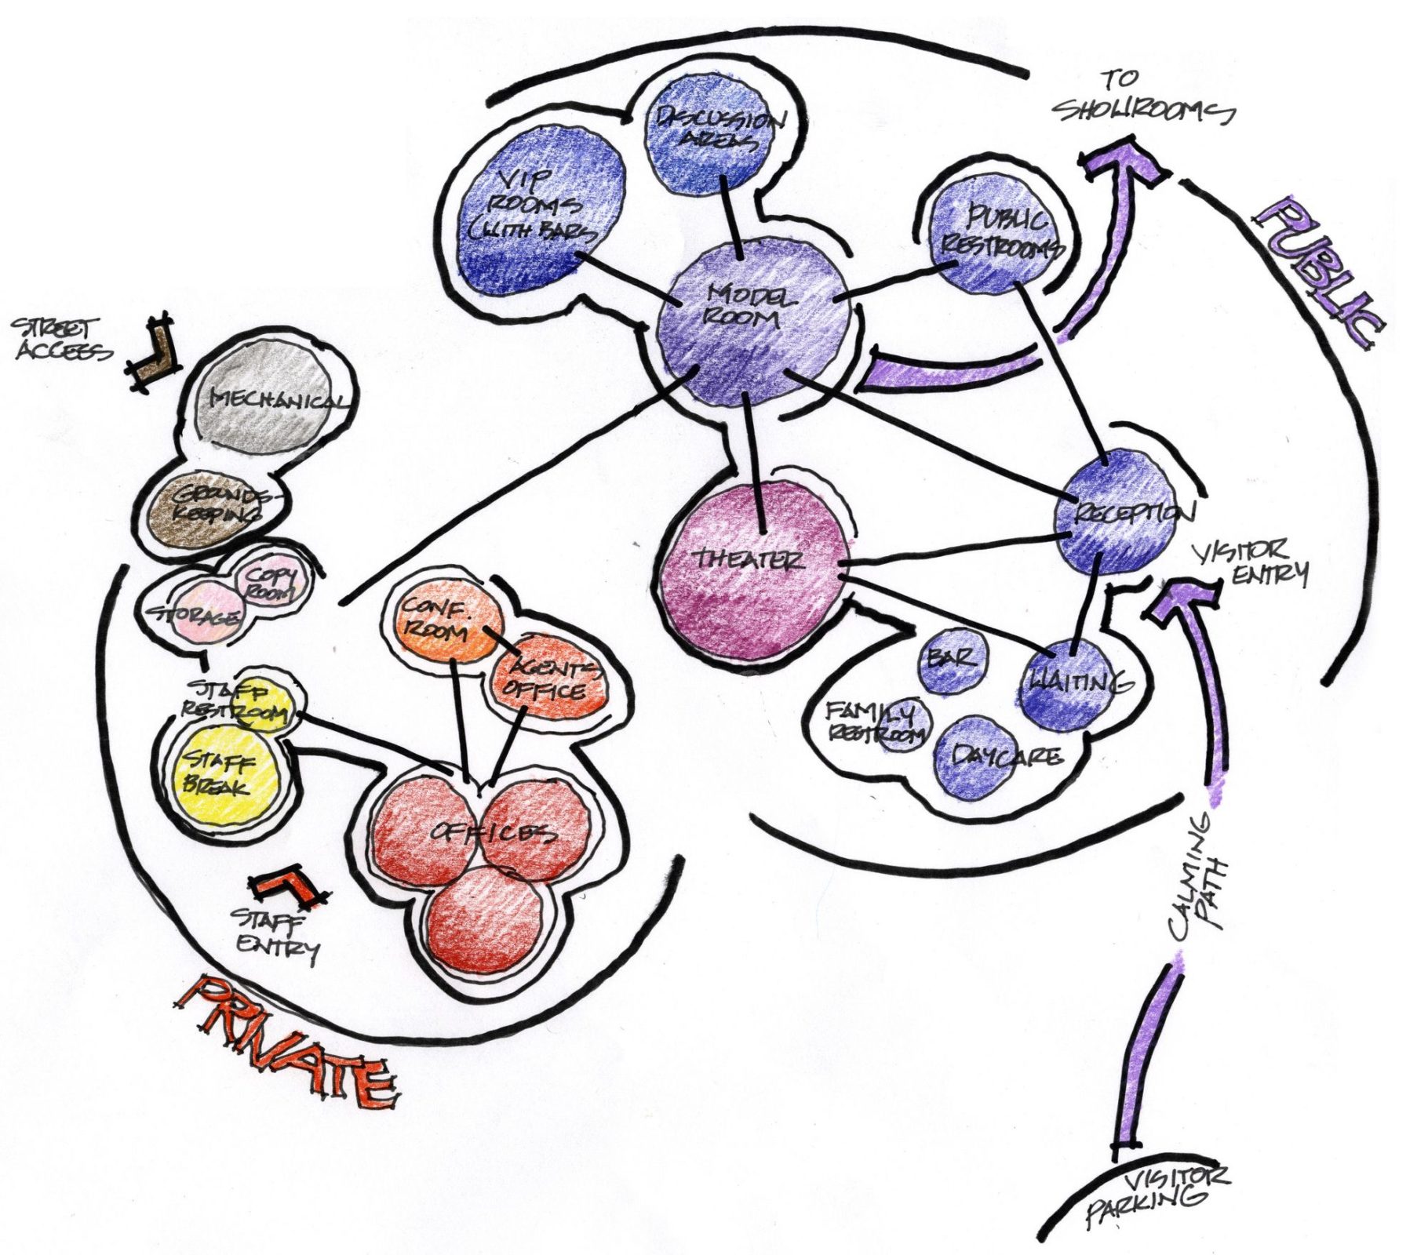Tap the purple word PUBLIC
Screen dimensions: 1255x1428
pos(1318,271)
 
